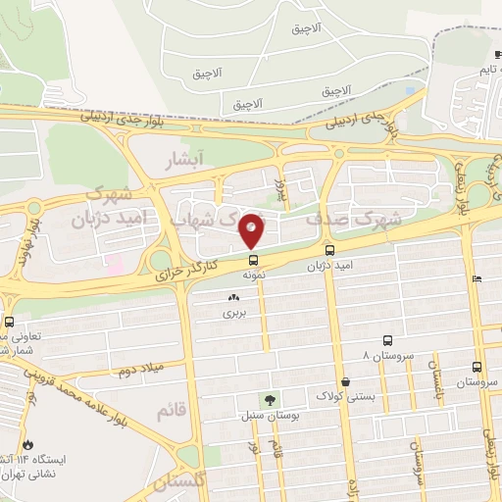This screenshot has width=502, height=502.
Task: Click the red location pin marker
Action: [x=252, y=229]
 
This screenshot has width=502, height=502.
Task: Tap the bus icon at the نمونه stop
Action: [x=254, y=261]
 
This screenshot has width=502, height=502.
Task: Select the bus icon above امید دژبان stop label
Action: [x=328, y=250]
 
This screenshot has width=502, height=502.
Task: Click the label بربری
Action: [x=233, y=314]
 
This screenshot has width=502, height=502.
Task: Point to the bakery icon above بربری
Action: [x=233, y=297]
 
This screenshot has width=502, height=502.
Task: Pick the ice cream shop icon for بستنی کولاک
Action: [x=345, y=381]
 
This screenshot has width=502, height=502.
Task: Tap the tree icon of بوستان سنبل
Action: [x=267, y=400]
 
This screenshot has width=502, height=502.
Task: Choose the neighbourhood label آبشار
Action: [x=184, y=157]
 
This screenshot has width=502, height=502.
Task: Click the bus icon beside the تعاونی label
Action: [x=9, y=322]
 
